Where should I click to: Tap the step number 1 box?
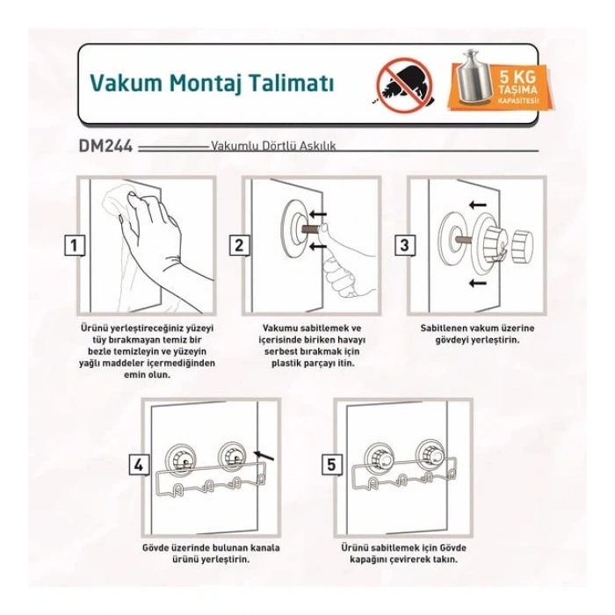click(x=78, y=246)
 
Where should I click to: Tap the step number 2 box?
click(x=238, y=246)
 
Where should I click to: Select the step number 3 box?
click(x=404, y=246)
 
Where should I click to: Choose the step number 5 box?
click(x=330, y=465)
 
